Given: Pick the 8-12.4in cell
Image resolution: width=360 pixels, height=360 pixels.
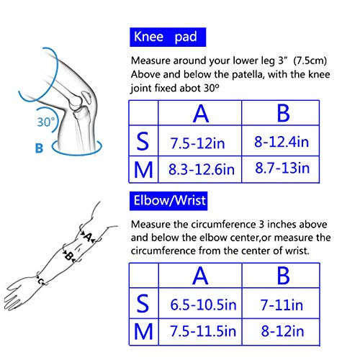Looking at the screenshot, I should (x=281, y=143).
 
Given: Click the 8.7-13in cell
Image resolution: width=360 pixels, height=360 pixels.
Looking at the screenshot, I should (x=282, y=170).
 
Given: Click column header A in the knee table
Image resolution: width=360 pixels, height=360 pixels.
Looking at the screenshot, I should (x=199, y=114).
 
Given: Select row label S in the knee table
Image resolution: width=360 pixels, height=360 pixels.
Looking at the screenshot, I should (x=143, y=143).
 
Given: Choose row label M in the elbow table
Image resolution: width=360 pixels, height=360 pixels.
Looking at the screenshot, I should (x=144, y=331).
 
